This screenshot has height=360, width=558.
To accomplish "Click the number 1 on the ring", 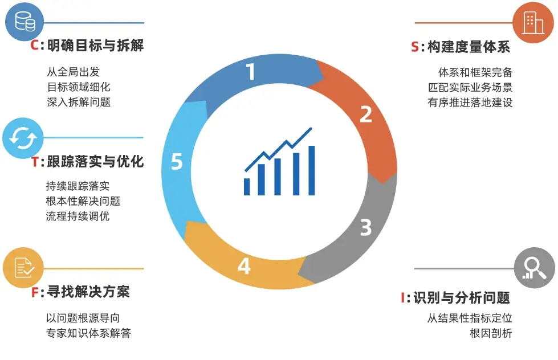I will (251, 72).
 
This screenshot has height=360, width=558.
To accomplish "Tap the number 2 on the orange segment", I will (365, 114).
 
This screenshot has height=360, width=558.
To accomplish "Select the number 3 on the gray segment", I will (365, 227).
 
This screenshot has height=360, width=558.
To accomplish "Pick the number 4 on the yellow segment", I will (244, 266).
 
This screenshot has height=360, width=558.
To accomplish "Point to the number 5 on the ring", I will (177, 162).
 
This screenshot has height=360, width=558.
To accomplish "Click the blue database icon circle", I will (25, 22).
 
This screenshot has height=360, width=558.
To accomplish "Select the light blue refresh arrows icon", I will (23, 137).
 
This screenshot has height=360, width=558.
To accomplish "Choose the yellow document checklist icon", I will (23, 268).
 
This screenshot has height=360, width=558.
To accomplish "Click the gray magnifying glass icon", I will (534, 268).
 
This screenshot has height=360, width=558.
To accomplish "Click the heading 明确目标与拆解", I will (96, 46).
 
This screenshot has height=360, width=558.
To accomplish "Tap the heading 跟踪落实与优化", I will (95, 162).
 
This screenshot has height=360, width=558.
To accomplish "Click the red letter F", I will (35, 293).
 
